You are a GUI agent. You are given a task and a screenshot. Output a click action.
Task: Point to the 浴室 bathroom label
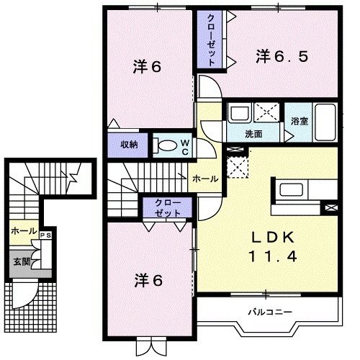[x=300, y=121]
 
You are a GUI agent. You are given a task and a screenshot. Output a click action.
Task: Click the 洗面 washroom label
[x=253, y=134]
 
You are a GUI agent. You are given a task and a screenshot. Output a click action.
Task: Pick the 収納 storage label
[x=129, y=145]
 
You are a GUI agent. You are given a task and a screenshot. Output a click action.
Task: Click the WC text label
[x=184, y=147]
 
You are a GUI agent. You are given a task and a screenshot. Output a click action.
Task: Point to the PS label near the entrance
[x=45, y=235]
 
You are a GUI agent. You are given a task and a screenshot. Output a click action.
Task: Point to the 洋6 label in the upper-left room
[x=146, y=67]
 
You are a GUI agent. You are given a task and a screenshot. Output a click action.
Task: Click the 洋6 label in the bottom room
[x=146, y=279]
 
